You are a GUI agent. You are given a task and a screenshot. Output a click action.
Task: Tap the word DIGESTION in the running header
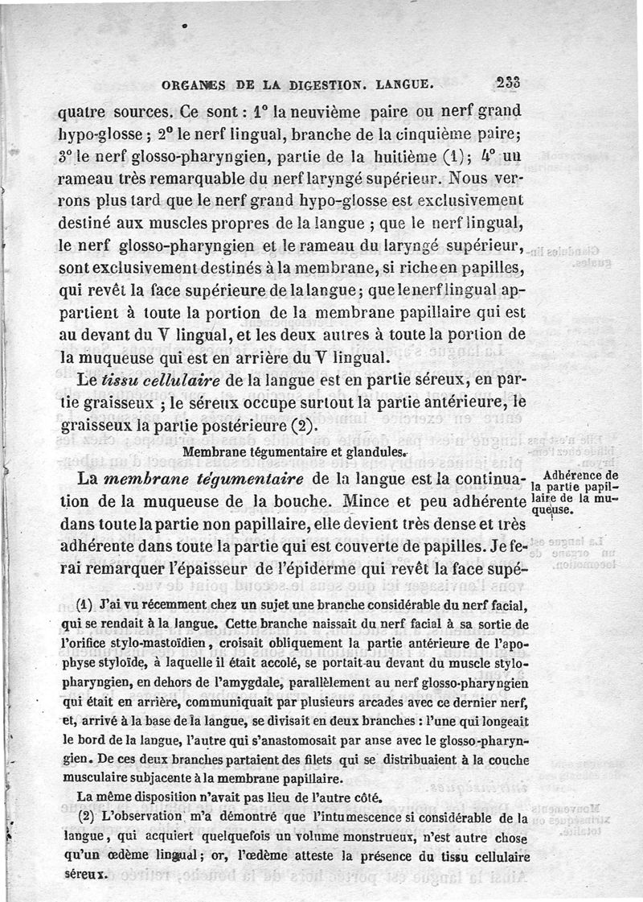327,82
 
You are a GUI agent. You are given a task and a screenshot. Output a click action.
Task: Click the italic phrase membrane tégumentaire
203,480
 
